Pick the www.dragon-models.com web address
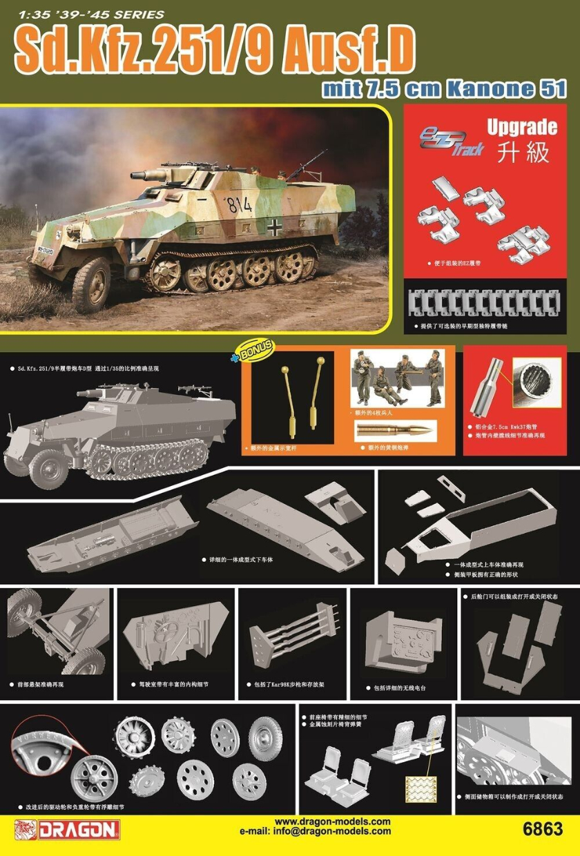tap(333, 821)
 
